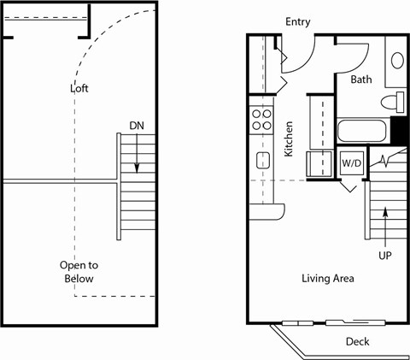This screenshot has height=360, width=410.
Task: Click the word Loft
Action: click(79, 88)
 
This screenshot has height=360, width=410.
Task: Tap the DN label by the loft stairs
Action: click(136, 126)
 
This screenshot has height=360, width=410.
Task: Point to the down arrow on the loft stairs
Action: click(135, 156)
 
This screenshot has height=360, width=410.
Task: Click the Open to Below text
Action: click(76, 271)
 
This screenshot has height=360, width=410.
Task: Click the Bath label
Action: click(360, 80)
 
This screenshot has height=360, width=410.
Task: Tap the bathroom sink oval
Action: click(397, 61)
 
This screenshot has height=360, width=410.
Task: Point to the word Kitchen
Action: click(289, 139)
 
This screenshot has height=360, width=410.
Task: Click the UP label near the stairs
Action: click(386, 255)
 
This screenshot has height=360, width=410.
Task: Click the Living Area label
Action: click(327, 279)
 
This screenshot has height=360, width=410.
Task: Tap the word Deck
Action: click(358, 341)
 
